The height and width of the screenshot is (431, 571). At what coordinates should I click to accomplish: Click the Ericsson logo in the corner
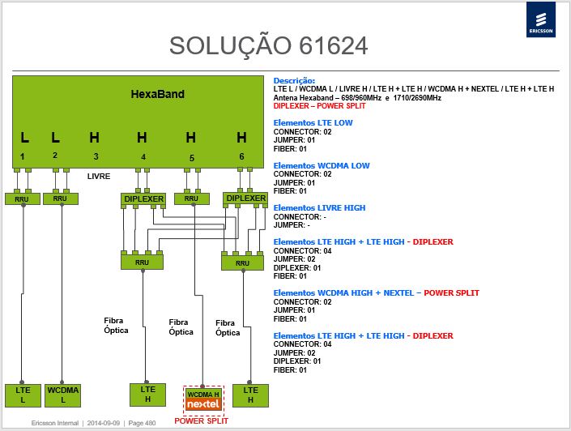click(x=541, y=19)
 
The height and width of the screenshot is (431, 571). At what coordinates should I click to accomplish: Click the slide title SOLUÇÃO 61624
click(x=269, y=46)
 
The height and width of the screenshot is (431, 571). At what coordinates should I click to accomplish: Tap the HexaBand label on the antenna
click(x=158, y=94)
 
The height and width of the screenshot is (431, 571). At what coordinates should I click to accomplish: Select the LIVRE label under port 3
click(x=99, y=177)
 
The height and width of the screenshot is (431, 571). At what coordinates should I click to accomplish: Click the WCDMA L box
click(x=62, y=395)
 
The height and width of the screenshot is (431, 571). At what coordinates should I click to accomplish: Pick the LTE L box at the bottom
click(x=23, y=395)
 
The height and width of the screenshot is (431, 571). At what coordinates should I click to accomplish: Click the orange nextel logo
click(x=203, y=404)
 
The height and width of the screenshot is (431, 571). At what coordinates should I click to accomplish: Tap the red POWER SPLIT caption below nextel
click(x=201, y=421)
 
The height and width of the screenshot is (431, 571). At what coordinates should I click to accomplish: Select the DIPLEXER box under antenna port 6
click(x=245, y=198)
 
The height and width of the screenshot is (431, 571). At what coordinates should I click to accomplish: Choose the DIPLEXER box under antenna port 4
click(x=143, y=199)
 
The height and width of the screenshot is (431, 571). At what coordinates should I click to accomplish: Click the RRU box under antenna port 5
click(x=191, y=198)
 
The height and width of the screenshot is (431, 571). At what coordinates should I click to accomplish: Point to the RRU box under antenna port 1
click(x=22, y=199)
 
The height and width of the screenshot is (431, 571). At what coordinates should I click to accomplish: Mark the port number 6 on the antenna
click(x=241, y=156)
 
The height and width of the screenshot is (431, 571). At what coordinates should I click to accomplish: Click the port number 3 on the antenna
click(x=96, y=156)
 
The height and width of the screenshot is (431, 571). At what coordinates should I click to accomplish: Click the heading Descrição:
click(x=294, y=81)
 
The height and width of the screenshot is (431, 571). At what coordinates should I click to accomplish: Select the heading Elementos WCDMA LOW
click(x=322, y=166)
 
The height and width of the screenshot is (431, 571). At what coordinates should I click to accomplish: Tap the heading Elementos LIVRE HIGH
click(x=319, y=208)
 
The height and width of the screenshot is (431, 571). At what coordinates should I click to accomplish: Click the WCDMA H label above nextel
click(x=203, y=395)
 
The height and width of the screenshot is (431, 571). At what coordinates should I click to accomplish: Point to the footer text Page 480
click(x=142, y=423)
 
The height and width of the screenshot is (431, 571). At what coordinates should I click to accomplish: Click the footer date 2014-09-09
click(x=104, y=423)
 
